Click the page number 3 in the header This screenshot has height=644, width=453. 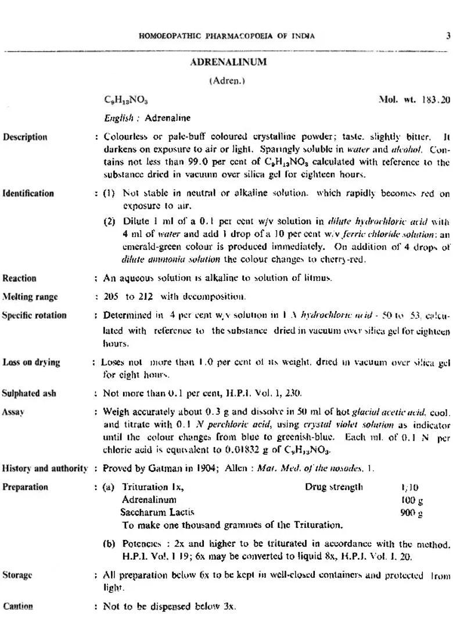click(x=448, y=36)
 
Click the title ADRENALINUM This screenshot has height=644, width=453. click(x=228, y=62)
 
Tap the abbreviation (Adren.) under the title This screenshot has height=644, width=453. click(x=227, y=81)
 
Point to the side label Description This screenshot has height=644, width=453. click(x=25, y=137)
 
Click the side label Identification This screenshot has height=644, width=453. click(x=28, y=194)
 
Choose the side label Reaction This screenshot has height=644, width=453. click(x=19, y=278)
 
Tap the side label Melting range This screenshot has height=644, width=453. click(x=30, y=297)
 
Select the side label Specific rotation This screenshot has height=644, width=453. click(x=34, y=316)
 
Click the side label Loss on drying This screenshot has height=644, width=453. click(x=31, y=362)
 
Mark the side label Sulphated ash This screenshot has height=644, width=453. click(x=29, y=393)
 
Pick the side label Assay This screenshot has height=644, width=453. click(x=13, y=412)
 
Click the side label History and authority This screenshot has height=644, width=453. click(x=45, y=468)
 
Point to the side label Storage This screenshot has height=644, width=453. click(x=17, y=575)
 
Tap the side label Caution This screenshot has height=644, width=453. click(x=17, y=606)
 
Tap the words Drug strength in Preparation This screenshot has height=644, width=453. click(x=334, y=487)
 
